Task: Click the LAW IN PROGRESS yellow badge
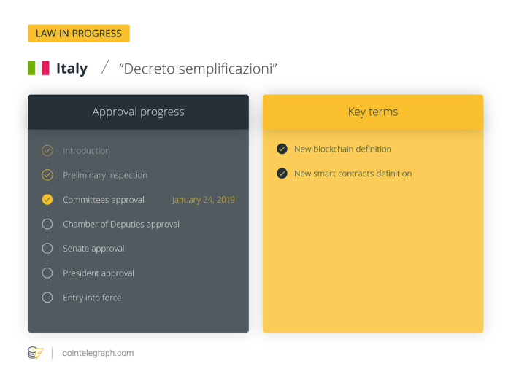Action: [79, 34]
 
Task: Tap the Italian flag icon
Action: [39, 69]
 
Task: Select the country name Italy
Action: [72, 69]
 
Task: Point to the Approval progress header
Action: [138, 112]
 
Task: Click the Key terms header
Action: [372, 112]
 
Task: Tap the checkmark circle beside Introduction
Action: [47, 150]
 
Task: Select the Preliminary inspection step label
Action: [105, 175]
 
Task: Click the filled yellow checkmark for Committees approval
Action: [47, 199]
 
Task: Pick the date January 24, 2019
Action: [203, 200]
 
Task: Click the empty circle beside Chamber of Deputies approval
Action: [47, 224]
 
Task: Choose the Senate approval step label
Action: [93, 249]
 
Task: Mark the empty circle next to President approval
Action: [47, 273]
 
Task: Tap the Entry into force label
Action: [92, 297]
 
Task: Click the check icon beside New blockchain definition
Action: [282, 149]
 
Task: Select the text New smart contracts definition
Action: [353, 174]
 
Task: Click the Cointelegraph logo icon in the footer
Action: [35, 353]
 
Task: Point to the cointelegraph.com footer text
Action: [97, 353]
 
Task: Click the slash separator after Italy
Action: [105, 68]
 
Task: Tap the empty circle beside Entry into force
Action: [47, 297]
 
